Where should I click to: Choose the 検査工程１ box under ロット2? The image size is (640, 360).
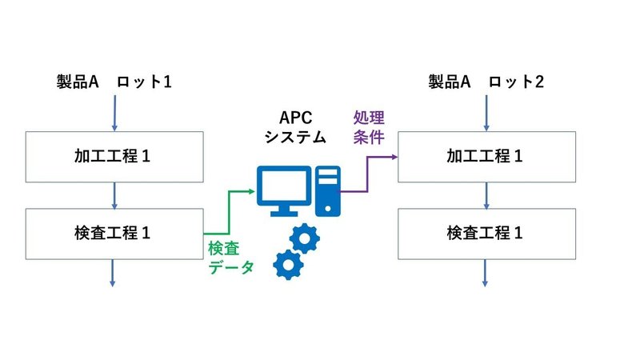486,234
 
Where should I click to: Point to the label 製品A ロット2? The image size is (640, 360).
486,82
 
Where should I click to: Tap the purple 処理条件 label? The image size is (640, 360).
369,126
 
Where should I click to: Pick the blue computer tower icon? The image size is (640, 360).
329,191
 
